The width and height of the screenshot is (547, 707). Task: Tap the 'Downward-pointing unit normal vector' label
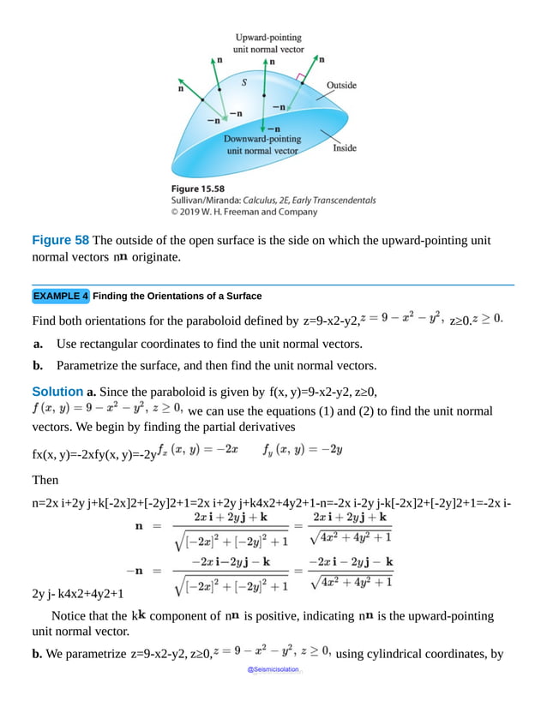click(262, 144)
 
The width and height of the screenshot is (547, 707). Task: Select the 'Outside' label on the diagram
click(341, 86)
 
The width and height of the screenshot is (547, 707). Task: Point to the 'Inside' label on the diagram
click(345, 148)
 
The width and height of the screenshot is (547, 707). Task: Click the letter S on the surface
click(244, 82)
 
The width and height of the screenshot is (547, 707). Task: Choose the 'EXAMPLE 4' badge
click(61, 296)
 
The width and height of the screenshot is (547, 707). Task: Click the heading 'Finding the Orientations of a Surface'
click(177, 297)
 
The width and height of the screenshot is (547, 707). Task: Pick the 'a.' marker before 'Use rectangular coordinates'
click(39, 344)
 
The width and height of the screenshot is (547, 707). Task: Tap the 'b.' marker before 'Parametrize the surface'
click(39, 365)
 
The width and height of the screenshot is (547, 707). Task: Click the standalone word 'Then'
click(45, 479)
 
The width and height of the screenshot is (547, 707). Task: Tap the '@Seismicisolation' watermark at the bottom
click(273, 669)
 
